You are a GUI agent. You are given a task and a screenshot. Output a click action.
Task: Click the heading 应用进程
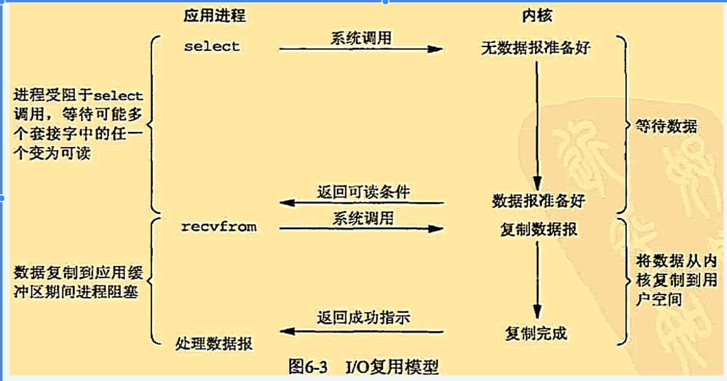click(x=215, y=16)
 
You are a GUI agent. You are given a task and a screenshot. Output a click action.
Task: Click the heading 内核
click(x=537, y=16)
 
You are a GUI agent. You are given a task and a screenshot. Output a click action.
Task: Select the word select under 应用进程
click(x=212, y=47)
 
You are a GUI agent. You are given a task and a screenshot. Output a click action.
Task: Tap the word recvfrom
click(x=219, y=227)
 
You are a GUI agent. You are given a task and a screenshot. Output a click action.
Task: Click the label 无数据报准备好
click(x=536, y=48)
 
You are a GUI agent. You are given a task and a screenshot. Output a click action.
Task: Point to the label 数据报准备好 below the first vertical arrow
click(x=538, y=201)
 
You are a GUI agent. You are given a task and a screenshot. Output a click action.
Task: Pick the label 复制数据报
click(x=538, y=229)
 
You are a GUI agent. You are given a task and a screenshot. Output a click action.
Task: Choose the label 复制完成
click(x=536, y=333)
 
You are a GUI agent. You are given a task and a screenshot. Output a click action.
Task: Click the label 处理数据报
click(x=214, y=344)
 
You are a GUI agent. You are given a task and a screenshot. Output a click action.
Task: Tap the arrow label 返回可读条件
click(x=363, y=192)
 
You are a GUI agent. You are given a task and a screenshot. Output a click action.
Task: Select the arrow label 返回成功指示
click(x=363, y=318)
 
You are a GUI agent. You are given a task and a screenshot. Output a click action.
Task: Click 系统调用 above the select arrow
click(x=361, y=38)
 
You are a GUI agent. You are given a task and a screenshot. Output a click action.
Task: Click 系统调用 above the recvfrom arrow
click(x=363, y=218)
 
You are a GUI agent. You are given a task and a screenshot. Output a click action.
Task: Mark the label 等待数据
click(x=666, y=127)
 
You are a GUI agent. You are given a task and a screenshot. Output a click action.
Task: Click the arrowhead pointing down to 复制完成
click(x=537, y=311)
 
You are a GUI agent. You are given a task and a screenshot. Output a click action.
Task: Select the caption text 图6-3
click(x=308, y=366)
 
